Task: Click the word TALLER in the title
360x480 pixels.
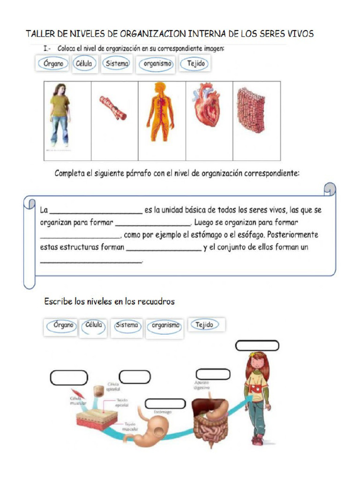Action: point(40,34)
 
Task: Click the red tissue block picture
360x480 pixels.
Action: point(250,110)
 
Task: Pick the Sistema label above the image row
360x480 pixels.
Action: point(117,64)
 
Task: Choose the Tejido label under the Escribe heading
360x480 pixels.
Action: point(204,325)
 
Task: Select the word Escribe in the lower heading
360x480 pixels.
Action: point(58,301)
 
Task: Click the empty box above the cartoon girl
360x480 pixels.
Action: point(257,346)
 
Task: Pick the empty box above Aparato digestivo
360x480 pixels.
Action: point(213,374)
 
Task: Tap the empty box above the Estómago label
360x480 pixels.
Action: point(165,404)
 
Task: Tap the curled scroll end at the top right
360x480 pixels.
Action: point(330,188)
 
